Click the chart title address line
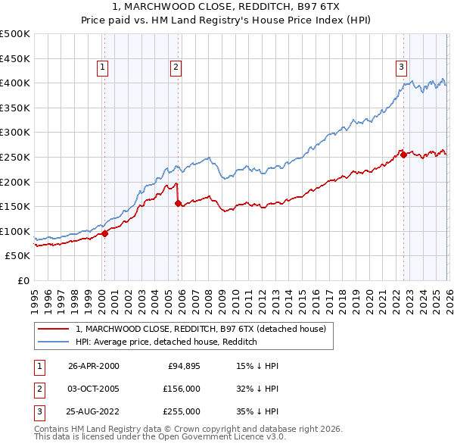(226, 8)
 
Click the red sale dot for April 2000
(105, 233)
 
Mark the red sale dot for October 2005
(178, 203)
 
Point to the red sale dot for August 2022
(403, 155)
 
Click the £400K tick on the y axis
(16, 83)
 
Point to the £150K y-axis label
(16, 206)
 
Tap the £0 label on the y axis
(23, 280)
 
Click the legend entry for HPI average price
(166, 342)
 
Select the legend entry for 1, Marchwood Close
(201, 329)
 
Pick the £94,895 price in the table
(184, 366)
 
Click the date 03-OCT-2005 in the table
(94, 389)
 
